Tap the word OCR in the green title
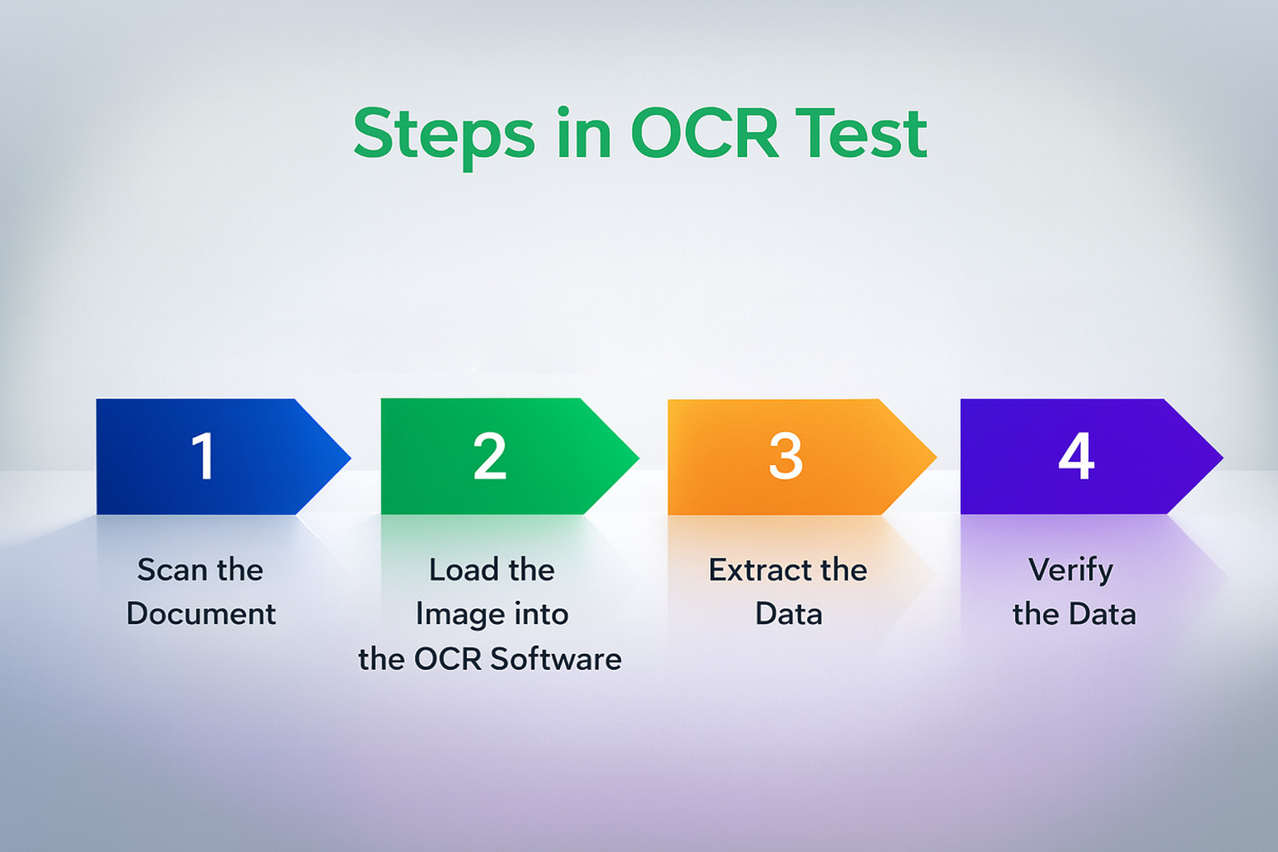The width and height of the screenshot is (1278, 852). tap(705, 133)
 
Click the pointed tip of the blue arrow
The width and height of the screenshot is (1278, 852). tap(350, 457)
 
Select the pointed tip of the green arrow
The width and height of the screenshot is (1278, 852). tap(638, 457)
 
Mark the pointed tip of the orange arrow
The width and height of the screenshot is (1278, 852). tap(936, 457)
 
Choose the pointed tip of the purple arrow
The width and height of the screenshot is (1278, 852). tap(1222, 457)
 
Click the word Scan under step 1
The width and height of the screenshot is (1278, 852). tap(172, 569)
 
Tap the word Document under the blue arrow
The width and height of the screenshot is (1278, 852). tap(201, 614)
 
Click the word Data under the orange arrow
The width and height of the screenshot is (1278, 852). tap(789, 614)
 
